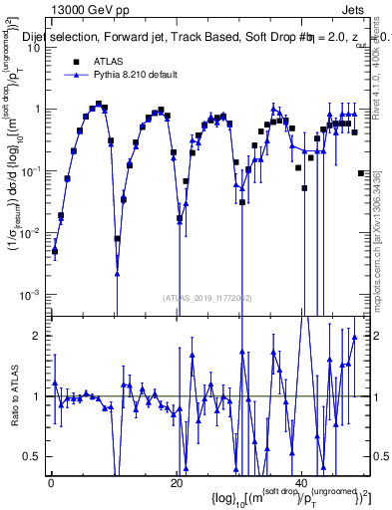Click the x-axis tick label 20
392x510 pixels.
tap(177, 483)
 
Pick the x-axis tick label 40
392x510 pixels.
tap(302, 483)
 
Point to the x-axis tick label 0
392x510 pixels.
tap(51, 483)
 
